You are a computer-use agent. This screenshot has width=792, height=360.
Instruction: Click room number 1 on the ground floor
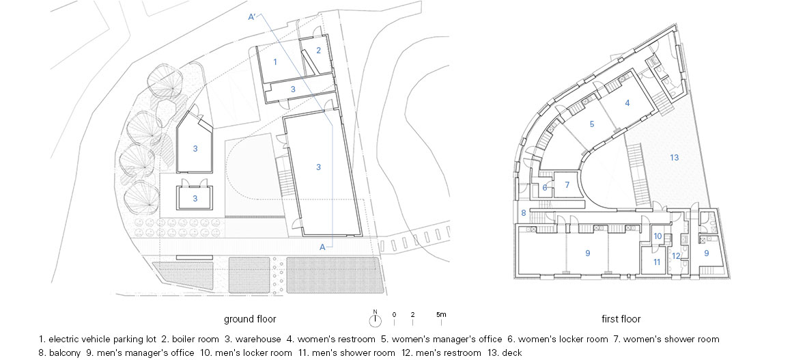click(x=275, y=62)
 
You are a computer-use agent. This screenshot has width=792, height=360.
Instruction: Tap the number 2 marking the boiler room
click(x=319, y=50)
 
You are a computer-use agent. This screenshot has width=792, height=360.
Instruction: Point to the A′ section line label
click(x=253, y=17)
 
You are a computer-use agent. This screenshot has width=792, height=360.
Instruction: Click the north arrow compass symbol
click(x=375, y=320)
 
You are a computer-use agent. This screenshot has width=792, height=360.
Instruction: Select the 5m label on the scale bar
click(x=441, y=314)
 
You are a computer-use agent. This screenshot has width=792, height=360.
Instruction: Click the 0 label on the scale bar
click(x=394, y=314)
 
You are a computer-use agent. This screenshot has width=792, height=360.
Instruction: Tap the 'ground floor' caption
click(x=250, y=319)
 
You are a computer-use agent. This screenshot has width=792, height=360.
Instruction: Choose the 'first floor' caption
click(x=621, y=319)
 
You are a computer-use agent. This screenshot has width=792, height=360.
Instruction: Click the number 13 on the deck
click(x=675, y=158)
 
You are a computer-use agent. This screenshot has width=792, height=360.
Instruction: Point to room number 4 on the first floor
click(x=627, y=102)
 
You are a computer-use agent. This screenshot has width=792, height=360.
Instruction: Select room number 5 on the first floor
click(x=592, y=124)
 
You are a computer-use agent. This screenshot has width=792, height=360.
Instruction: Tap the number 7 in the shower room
click(x=567, y=185)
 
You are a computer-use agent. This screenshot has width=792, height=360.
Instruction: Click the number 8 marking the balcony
click(x=524, y=213)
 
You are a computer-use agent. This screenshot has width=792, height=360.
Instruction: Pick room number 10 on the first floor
click(x=657, y=236)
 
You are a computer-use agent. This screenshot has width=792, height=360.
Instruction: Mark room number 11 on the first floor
click(x=657, y=262)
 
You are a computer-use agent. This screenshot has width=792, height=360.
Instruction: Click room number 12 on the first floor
click(x=677, y=256)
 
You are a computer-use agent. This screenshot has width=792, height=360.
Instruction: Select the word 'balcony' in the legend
click(x=65, y=353)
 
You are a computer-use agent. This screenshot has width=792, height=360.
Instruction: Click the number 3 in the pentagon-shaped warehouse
click(x=195, y=149)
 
